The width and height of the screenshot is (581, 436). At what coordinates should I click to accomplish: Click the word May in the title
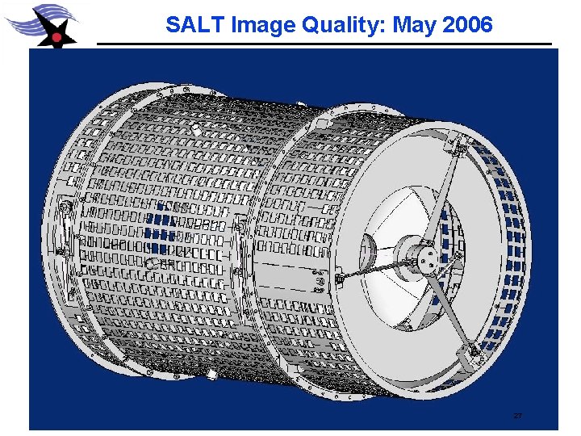coord(413,25)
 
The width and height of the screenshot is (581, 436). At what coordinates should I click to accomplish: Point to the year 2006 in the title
coord(466,25)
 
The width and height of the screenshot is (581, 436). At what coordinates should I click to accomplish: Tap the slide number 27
coord(517,415)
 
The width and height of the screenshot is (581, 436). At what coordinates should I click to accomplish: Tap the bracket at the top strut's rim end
coord(459,148)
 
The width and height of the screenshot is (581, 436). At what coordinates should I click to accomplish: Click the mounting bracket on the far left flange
coord(66,214)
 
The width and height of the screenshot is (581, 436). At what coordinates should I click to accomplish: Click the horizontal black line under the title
coord(323,44)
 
